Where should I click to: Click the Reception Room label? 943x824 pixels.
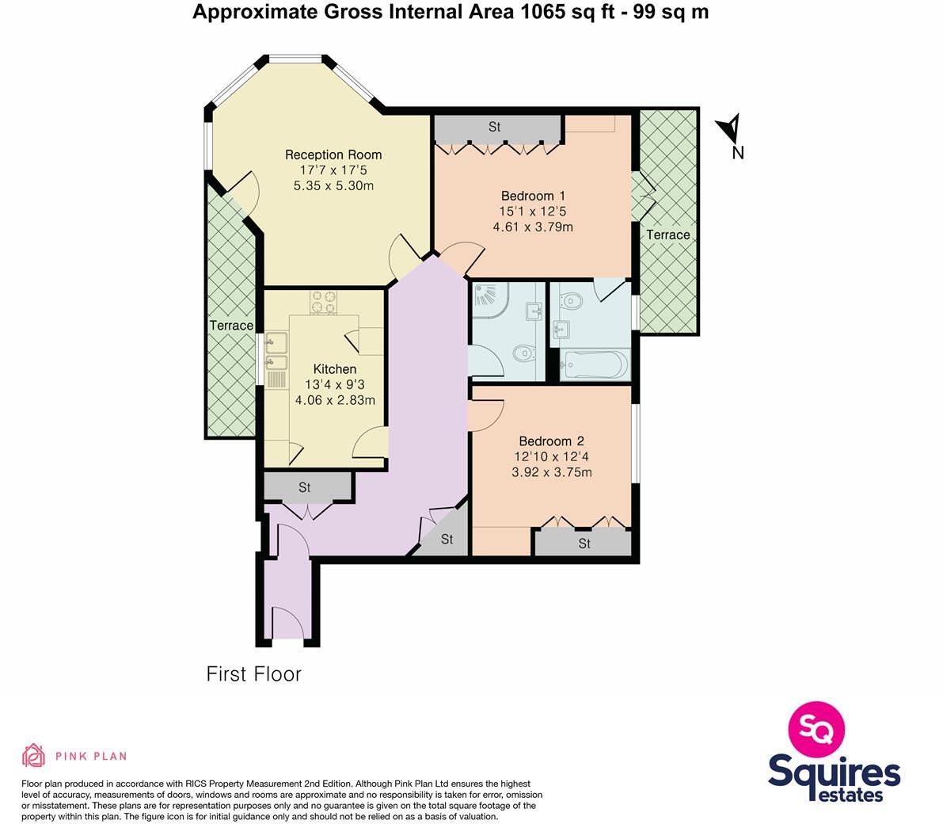pyautogui.click(x=333, y=154)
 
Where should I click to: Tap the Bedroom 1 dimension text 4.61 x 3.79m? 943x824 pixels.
pyautogui.click(x=532, y=227)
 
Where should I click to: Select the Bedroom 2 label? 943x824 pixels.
pyautogui.click(x=551, y=441)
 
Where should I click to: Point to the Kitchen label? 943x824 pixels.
pyautogui.click(x=335, y=369)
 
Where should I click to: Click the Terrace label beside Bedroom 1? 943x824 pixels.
pyautogui.click(x=667, y=235)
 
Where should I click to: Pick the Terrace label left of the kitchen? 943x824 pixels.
pyautogui.click(x=231, y=326)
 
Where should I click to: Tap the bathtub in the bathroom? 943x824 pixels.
pyautogui.click(x=594, y=366)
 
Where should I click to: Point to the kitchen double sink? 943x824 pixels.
pyautogui.click(x=276, y=353)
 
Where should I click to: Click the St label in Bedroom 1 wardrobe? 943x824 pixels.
pyautogui.click(x=495, y=127)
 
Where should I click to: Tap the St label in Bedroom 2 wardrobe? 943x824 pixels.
pyautogui.click(x=584, y=544)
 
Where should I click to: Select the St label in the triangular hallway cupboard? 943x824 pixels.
pyautogui.click(x=447, y=540)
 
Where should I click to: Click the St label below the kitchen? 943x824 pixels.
pyautogui.click(x=305, y=488)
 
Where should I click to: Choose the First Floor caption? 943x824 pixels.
pyautogui.click(x=253, y=674)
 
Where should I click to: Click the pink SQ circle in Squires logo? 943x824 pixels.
pyautogui.click(x=816, y=728)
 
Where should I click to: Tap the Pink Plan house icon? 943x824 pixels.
pyautogui.click(x=33, y=756)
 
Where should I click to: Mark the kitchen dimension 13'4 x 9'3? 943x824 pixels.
pyautogui.click(x=335, y=385)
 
